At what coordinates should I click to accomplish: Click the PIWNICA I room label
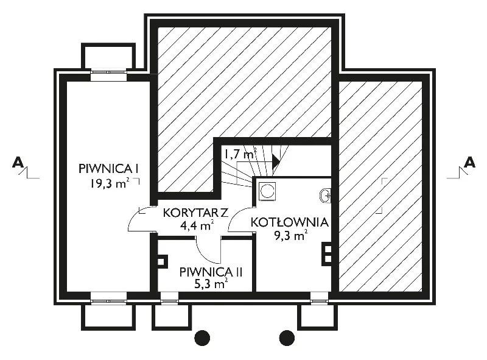point(108,169)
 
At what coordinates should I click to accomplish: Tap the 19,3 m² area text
point(109,183)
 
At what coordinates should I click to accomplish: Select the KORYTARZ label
point(195,213)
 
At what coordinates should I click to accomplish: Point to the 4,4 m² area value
point(197,225)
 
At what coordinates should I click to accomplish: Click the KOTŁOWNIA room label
point(290,222)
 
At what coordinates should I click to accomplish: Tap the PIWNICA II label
point(211,272)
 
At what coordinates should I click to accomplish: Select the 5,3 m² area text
point(211,283)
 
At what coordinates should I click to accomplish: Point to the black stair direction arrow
point(276,161)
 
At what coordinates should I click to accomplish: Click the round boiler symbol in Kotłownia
point(267,191)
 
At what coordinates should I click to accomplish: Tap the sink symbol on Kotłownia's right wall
point(325,196)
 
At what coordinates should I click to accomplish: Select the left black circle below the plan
point(202,338)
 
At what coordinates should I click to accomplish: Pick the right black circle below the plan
point(287,338)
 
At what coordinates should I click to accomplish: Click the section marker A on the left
point(18,163)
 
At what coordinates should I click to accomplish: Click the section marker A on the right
point(469,163)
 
